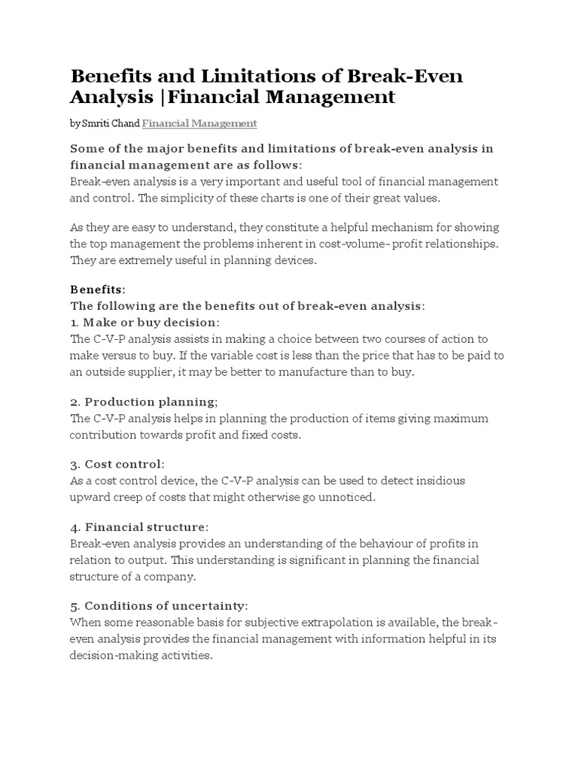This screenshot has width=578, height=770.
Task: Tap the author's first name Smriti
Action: click(x=96, y=123)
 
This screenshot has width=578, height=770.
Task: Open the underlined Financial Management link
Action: click(x=199, y=123)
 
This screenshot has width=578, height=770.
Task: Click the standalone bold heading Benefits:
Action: click(x=98, y=290)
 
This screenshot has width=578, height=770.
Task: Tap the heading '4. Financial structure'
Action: click(x=140, y=526)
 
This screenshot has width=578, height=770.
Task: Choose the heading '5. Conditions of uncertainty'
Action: click(x=159, y=605)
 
